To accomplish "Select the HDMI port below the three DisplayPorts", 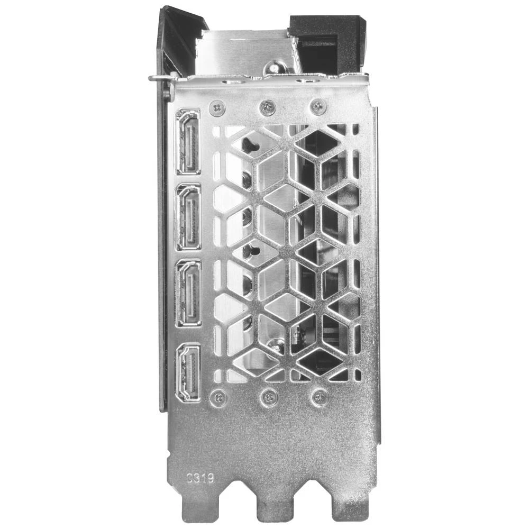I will coord(188,372).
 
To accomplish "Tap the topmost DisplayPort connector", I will coord(188,141).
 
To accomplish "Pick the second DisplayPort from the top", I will coord(188,217).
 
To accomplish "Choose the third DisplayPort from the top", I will coord(188,293).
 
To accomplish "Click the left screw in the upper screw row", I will coord(216,108).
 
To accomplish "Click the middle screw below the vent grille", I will coord(269,397).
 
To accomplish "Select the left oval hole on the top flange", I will coord(231,81).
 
